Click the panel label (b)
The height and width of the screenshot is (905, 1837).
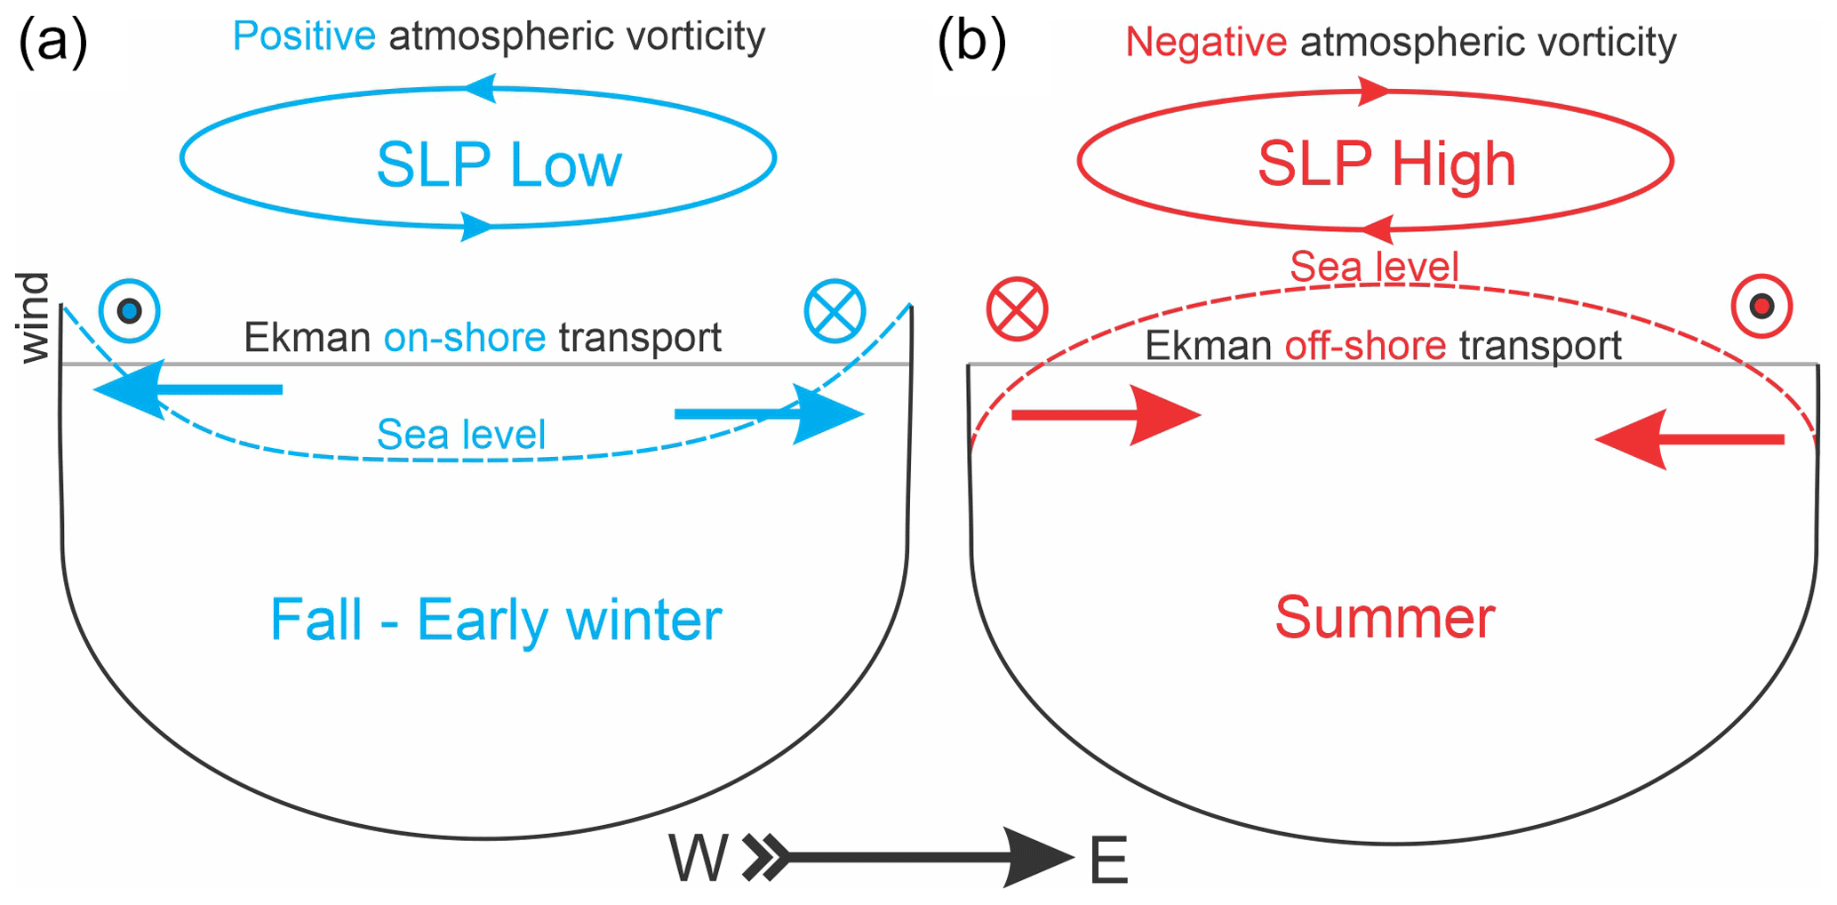click(971, 43)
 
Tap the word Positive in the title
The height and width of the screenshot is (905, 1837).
click(304, 36)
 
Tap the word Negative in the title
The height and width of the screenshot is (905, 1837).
click(1206, 42)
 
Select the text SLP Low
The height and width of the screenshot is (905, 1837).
click(499, 164)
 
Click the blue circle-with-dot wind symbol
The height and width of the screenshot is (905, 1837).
click(130, 311)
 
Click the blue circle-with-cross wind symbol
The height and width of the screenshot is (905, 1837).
click(835, 311)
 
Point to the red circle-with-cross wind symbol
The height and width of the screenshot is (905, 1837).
click(1017, 309)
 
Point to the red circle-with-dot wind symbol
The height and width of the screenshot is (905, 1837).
click(1761, 307)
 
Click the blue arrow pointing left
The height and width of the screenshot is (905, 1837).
click(187, 389)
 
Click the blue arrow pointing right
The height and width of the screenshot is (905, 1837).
click(770, 414)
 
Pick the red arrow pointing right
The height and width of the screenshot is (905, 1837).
click(1106, 415)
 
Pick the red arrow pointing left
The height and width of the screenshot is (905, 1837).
click(1689, 439)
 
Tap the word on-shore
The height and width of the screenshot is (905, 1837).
click(465, 338)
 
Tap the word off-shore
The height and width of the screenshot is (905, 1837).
click(1365, 346)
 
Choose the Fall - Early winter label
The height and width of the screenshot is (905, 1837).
click(495, 620)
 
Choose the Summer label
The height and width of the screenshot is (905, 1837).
click(1385, 617)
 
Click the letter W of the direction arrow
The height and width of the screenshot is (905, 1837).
click(698, 860)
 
